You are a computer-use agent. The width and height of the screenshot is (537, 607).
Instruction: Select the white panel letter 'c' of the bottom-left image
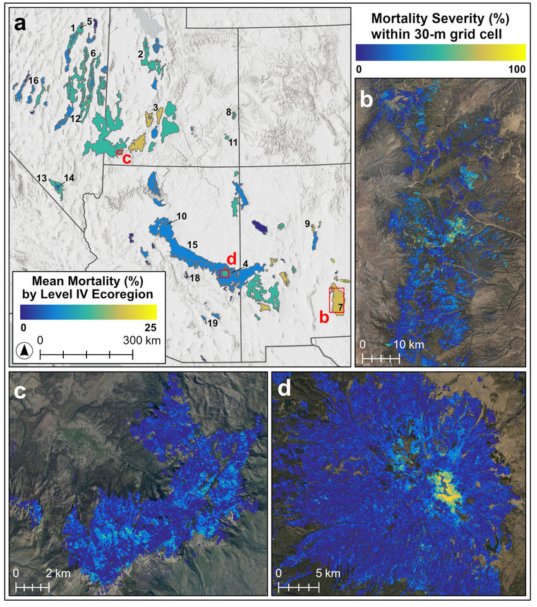coord(20,391)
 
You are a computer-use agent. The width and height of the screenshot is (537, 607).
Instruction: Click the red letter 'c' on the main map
coord(126,159)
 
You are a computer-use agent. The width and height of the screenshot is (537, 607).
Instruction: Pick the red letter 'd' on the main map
coord(231,259)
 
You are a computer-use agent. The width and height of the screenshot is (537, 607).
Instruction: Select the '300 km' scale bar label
coord(142,340)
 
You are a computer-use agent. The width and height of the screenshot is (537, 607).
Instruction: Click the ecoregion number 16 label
coord(33,80)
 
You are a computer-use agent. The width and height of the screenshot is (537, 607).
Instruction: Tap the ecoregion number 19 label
coord(212,324)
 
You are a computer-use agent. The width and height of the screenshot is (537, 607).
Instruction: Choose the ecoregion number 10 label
coord(181,216)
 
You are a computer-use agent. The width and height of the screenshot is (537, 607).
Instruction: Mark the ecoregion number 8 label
coord(227,112)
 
